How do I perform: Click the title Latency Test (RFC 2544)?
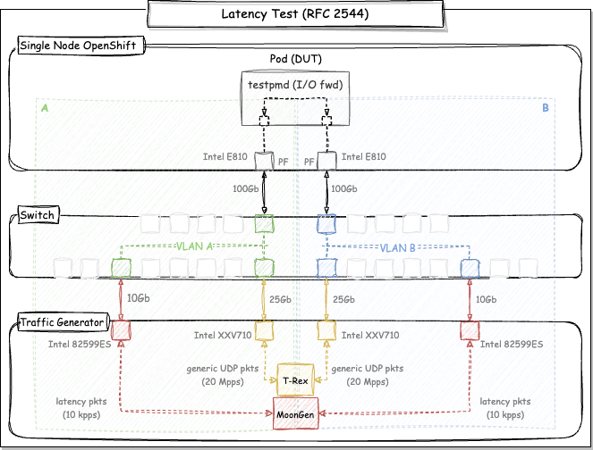(x=296, y=14)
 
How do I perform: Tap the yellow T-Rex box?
(x=296, y=379)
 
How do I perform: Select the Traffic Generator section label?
(x=61, y=321)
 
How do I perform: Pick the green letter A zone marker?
(x=45, y=109)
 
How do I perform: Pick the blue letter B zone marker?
(x=546, y=109)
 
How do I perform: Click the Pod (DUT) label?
(x=296, y=59)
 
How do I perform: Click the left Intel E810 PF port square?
(x=263, y=161)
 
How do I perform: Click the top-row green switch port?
(x=263, y=222)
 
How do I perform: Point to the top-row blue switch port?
(x=326, y=222)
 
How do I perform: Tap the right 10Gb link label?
(x=487, y=299)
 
